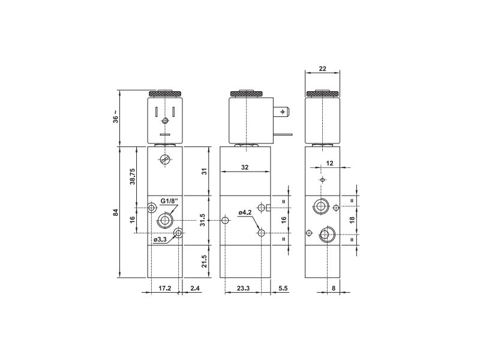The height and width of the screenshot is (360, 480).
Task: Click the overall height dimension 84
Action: pos(115,212)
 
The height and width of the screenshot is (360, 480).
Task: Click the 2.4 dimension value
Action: pos(194,289)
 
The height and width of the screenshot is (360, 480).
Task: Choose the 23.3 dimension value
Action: pos(244,289)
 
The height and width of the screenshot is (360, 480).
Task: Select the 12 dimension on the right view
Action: pos(329,163)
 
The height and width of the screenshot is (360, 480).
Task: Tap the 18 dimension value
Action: pos(352,220)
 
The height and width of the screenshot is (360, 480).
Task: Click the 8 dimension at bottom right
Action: pos(334,289)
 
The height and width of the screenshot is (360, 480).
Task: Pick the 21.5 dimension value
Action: pos(204,261)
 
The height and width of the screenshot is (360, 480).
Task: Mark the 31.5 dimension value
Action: pos(204,220)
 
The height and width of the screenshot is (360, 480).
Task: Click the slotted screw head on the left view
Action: pos(165,160)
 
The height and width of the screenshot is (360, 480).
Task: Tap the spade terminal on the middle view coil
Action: pos(284,112)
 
